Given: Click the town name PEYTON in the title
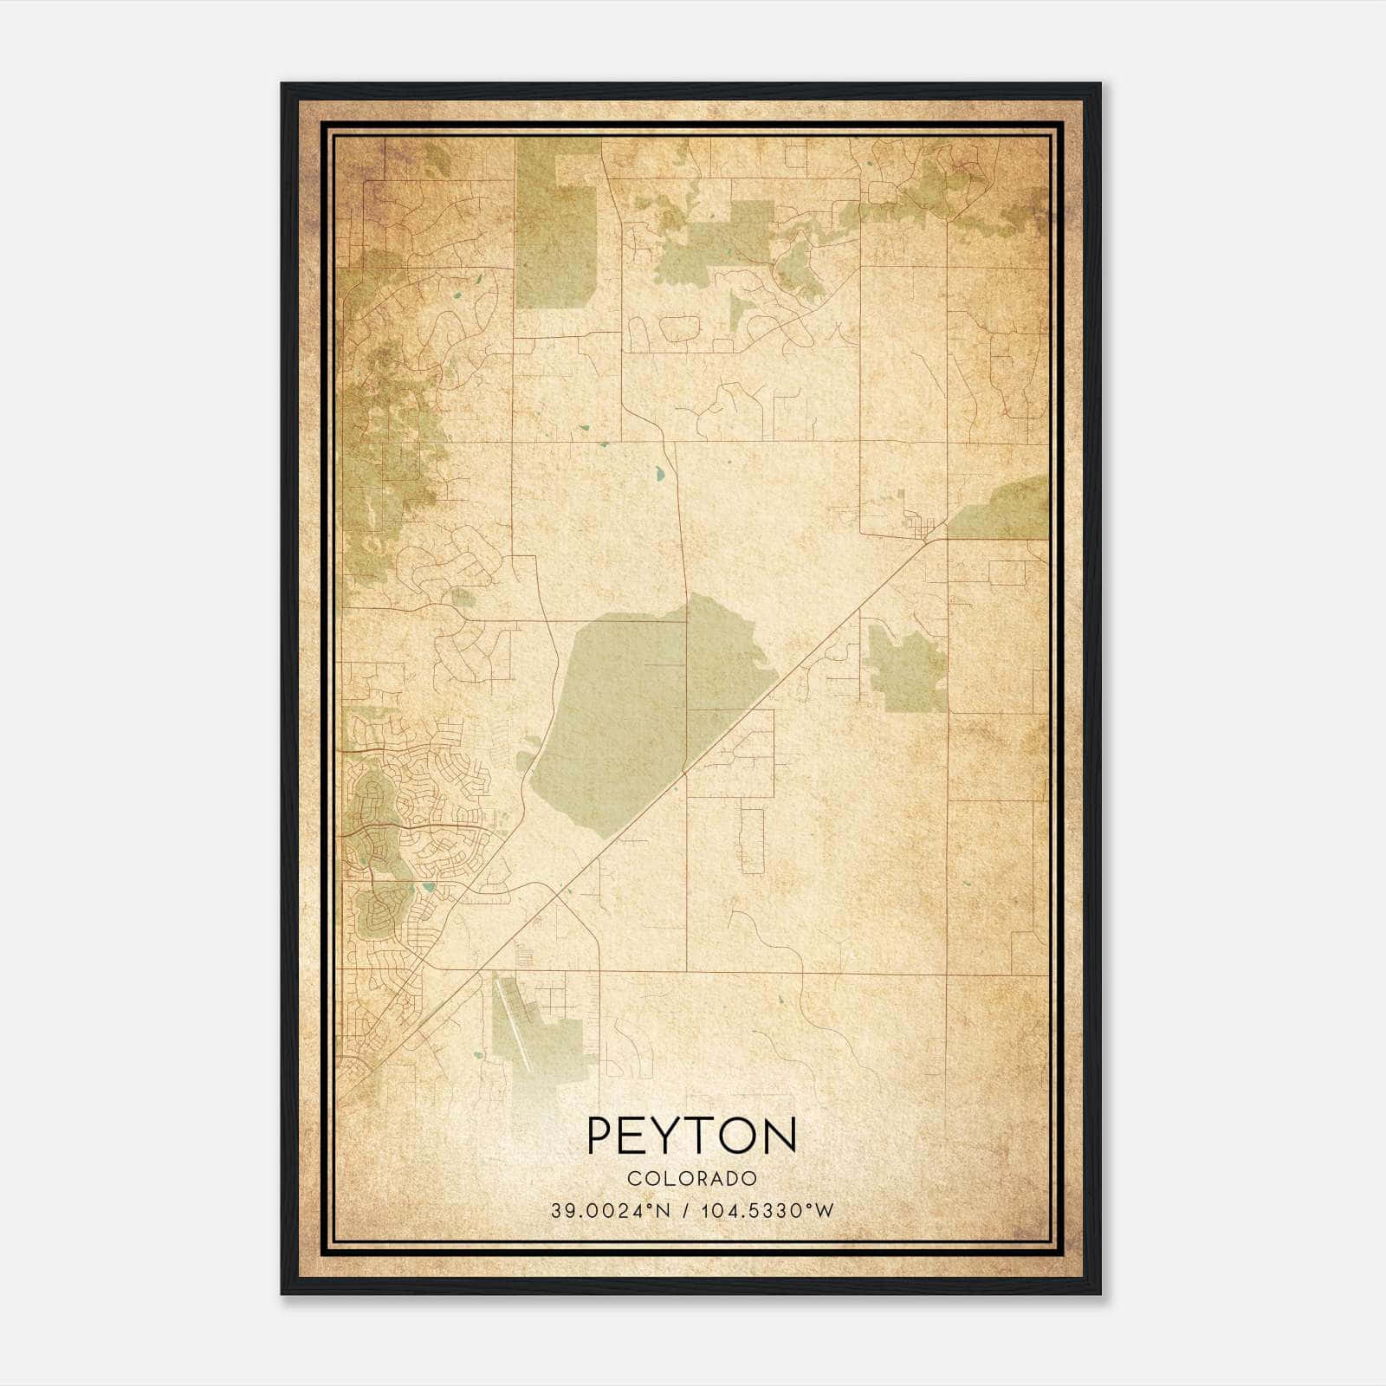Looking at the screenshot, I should tap(691, 1137).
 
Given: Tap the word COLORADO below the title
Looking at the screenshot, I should tap(691, 1179).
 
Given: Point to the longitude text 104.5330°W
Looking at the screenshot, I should tap(766, 1211).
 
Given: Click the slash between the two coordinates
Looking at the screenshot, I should tap(686, 1211).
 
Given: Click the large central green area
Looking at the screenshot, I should tap(624, 710).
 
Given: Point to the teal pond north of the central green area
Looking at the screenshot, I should tap(661, 474).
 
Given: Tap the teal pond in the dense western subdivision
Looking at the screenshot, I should tap(429, 888).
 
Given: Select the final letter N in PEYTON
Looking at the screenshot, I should tap(780, 1137).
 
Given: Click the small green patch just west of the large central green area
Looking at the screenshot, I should tap(525, 761).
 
